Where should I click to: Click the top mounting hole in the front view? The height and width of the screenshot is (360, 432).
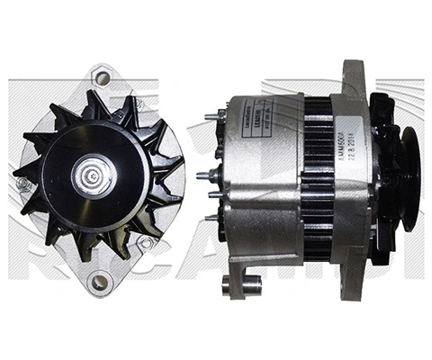[103, 78]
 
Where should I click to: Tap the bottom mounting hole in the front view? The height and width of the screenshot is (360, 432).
[100, 282]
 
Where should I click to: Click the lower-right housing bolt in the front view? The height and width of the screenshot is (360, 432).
[144, 243]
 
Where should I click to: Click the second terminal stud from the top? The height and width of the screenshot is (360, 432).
[211, 175]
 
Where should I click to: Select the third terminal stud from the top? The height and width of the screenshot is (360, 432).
[213, 194]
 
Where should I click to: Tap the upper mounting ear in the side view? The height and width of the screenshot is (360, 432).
[354, 76]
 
